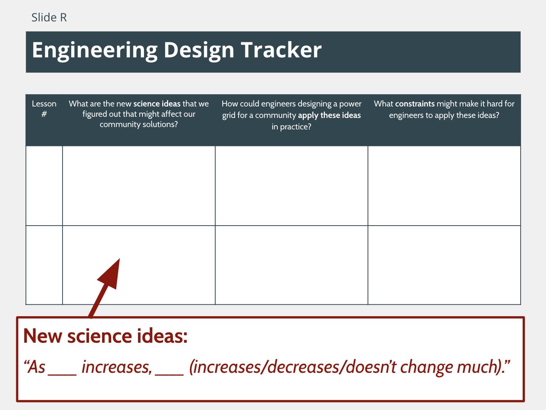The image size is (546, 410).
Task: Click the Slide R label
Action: (49, 17)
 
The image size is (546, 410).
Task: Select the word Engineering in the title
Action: (95, 51)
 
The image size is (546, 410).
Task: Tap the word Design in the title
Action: (199, 51)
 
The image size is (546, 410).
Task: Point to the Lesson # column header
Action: (44, 109)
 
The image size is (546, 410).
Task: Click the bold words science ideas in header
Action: (157, 104)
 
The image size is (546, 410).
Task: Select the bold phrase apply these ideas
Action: (329, 115)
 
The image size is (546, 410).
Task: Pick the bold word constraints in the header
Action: (415, 104)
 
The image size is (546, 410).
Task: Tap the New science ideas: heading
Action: (105, 336)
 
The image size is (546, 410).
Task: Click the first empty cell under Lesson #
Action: (44, 186)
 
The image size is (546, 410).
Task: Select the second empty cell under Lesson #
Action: (44, 265)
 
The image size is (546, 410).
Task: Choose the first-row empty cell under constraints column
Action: (444, 186)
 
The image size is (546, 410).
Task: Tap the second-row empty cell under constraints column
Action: (444, 265)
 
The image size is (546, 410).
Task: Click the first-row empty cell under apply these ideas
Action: (292, 186)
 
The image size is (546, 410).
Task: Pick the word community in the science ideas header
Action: (120, 124)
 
